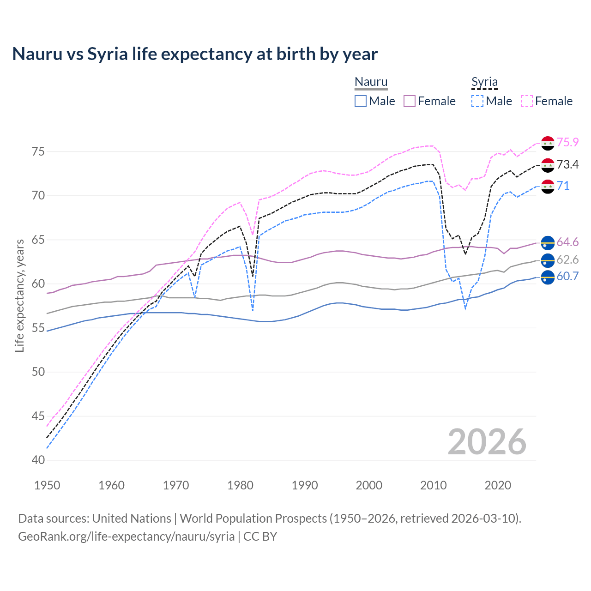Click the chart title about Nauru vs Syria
tap(195, 54)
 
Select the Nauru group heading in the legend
tap(371, 82)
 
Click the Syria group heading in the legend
tap(484, 82)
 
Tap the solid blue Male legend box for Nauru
tap(361, 101)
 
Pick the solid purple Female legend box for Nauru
tap(410, 101)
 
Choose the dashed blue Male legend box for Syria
tap(477, 101)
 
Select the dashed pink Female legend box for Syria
tap(527, 101)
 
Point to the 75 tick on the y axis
tap(39, 151)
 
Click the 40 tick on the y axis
tap(39, 460)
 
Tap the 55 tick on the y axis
tap(39, 328)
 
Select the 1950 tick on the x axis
tap(48, 485)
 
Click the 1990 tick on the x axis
tap(305, 485)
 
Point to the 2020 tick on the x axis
tap(498, 485)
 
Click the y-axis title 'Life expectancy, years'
tap(19, 295)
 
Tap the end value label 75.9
tap(567, 142)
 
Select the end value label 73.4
tap(567, 164)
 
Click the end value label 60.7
tap(567, 277)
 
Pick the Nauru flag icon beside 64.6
tap(548, 242)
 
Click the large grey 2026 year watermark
tap(487, 442)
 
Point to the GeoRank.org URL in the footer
tap(126, 537)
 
